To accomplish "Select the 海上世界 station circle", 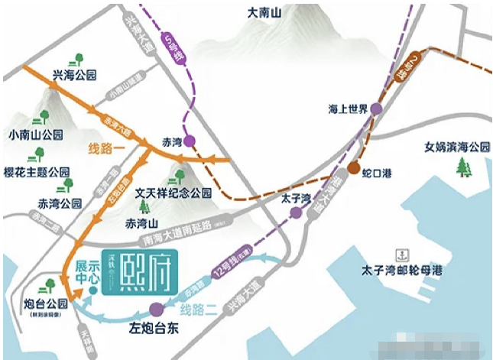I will click(x=375, y=109).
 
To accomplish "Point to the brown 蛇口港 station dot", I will click(x=354, y=168).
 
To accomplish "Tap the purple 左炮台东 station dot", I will click(x=157, y=309).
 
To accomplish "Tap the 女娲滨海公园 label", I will click(x=459, y=146).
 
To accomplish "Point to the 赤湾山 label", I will click(x=141, y=224).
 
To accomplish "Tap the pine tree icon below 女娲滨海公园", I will click(x=463, y=167).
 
